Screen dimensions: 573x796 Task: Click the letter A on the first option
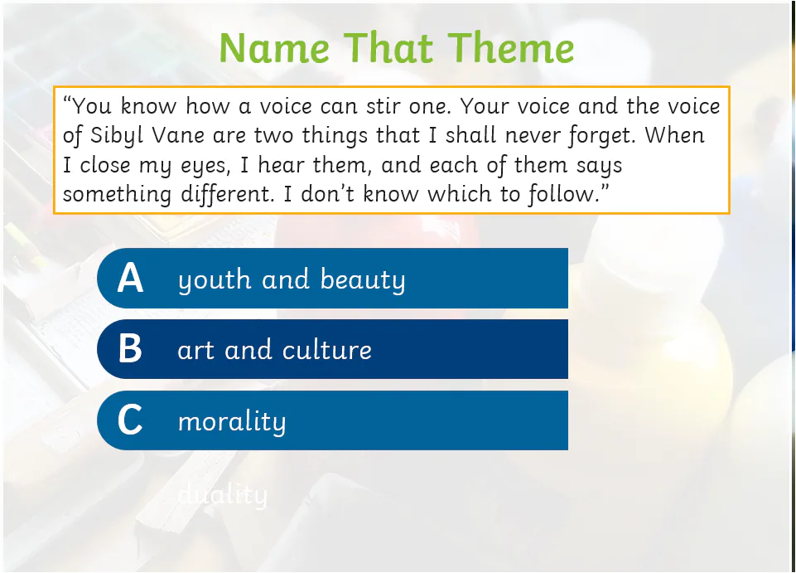click(x=130, y=279)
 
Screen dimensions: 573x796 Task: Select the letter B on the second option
click(x=130, y=349)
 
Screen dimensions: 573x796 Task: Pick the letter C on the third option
click(x=130, y=420)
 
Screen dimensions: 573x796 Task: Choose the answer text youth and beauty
click(x=292, y=279)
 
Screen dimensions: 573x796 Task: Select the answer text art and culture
click(x=274, y=350)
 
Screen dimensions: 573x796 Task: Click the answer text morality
click(x=232, y=421)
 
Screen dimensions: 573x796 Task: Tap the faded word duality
click(x=223, y=495)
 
